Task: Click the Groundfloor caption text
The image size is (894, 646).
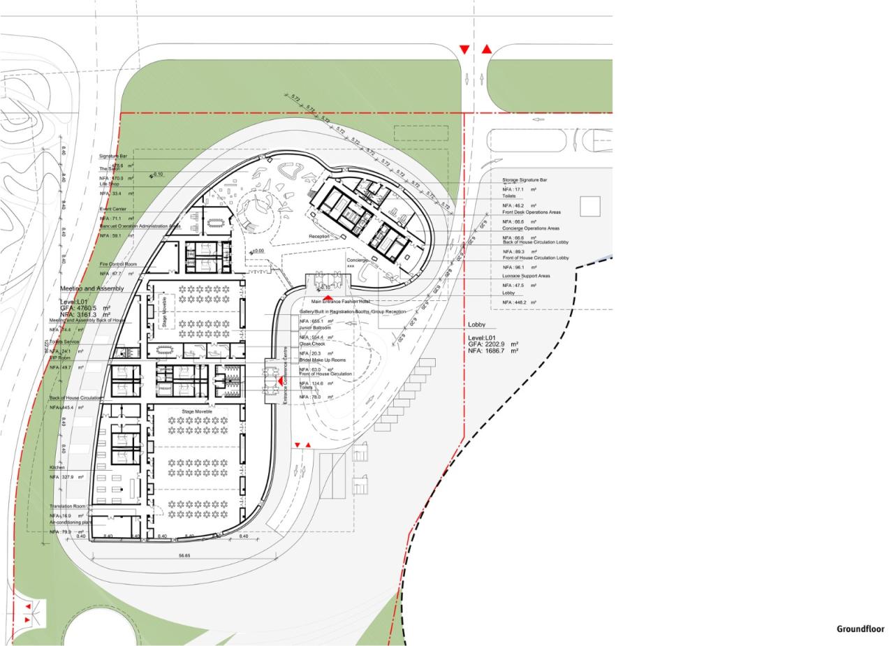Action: [x=860, y=629]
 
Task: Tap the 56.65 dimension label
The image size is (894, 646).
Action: [x=184, y=556]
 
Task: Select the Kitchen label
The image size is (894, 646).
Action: [x=57, y=467]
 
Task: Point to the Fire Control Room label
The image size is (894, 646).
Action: [x=118, y=265]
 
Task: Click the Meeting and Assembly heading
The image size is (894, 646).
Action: [x=91, y=288]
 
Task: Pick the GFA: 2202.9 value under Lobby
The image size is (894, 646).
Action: [x=493, y=344]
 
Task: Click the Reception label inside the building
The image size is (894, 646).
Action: [x=319, y=237]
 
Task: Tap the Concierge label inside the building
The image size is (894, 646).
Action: [x=357, y=260]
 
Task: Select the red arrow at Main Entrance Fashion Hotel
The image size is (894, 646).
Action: [x=327, y=298]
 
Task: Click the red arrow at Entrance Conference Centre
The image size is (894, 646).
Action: [x=280, y=380]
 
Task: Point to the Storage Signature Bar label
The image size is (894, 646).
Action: [x=525, y=180]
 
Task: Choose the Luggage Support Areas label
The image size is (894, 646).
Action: [x=526, y=276]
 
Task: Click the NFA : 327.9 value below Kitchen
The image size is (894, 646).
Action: [x=66, y=477]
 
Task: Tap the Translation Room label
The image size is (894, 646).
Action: [x=68, y=506]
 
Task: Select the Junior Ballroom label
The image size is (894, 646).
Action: [x=315, y=328]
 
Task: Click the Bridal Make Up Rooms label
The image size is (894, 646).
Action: [x=323, y=360]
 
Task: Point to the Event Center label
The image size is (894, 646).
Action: [x=112, y=209]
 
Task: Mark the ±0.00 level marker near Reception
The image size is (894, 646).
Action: [x=257, y=251]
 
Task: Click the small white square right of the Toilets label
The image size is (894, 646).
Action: [x=590, y=207]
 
